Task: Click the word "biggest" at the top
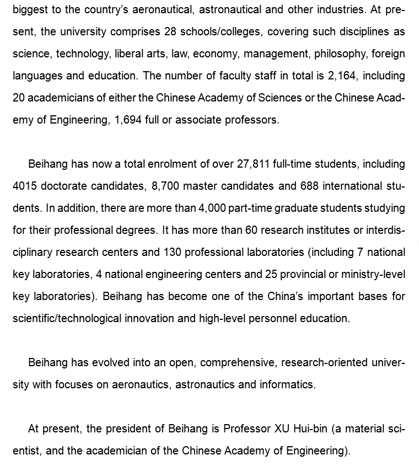[30, 10]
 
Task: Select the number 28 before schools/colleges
[170, 31]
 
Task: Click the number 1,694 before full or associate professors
[128, 120]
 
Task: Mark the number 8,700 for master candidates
[165, 186]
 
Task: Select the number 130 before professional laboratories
[173, 252]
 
